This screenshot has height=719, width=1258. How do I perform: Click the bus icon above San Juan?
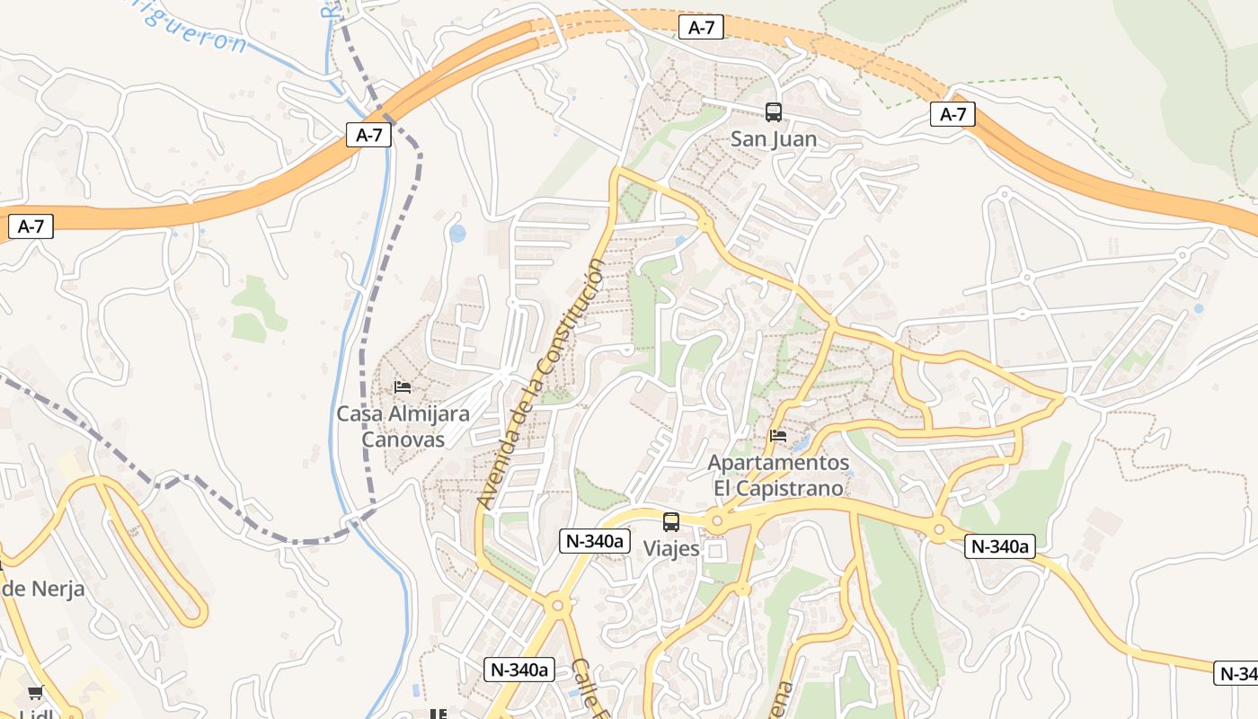point(773,112)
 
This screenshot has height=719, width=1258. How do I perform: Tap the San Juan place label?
point(773,139)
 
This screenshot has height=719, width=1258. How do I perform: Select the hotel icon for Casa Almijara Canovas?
point(403,387)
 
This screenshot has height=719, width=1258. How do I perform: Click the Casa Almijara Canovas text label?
point(403,427)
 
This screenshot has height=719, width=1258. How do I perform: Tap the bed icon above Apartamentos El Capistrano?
point(778,436)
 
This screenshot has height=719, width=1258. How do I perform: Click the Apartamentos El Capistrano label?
point(778,475)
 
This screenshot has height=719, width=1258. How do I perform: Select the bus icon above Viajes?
point(671,522)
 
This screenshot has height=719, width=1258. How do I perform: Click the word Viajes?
point(671,548)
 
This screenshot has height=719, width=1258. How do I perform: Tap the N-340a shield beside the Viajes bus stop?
point(595,541)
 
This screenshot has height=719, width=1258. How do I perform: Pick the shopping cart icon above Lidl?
point(35,692)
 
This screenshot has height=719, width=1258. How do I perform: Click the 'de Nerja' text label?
point(43,590)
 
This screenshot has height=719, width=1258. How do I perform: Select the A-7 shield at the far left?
point(31,226)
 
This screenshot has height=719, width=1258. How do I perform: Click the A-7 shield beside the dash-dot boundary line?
point(369,136)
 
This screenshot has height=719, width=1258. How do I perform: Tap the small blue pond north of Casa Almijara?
point(457,234)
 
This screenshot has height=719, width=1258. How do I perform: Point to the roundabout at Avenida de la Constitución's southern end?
point(557,606)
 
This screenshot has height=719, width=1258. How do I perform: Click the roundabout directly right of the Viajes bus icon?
point(717,520)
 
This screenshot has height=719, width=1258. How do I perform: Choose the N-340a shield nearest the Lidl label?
point(519,670)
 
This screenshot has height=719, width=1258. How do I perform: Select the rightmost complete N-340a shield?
point(1000,546)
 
